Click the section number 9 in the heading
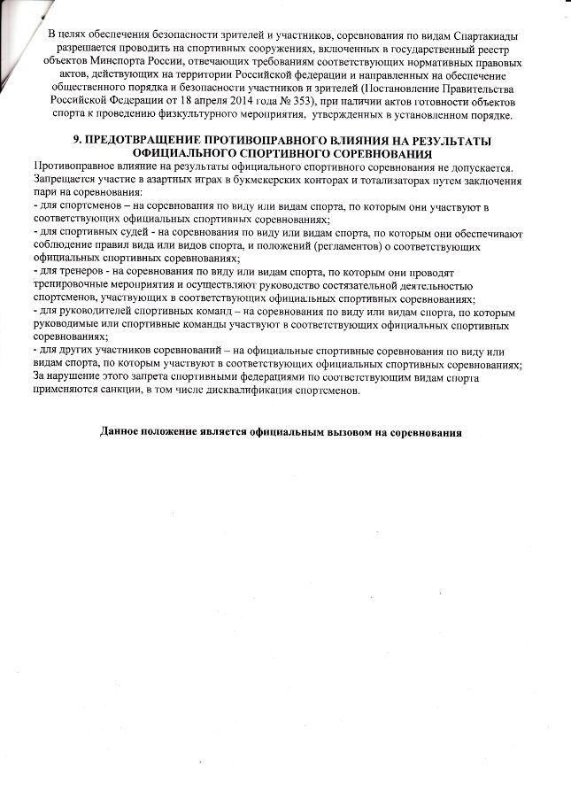(74, 143)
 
